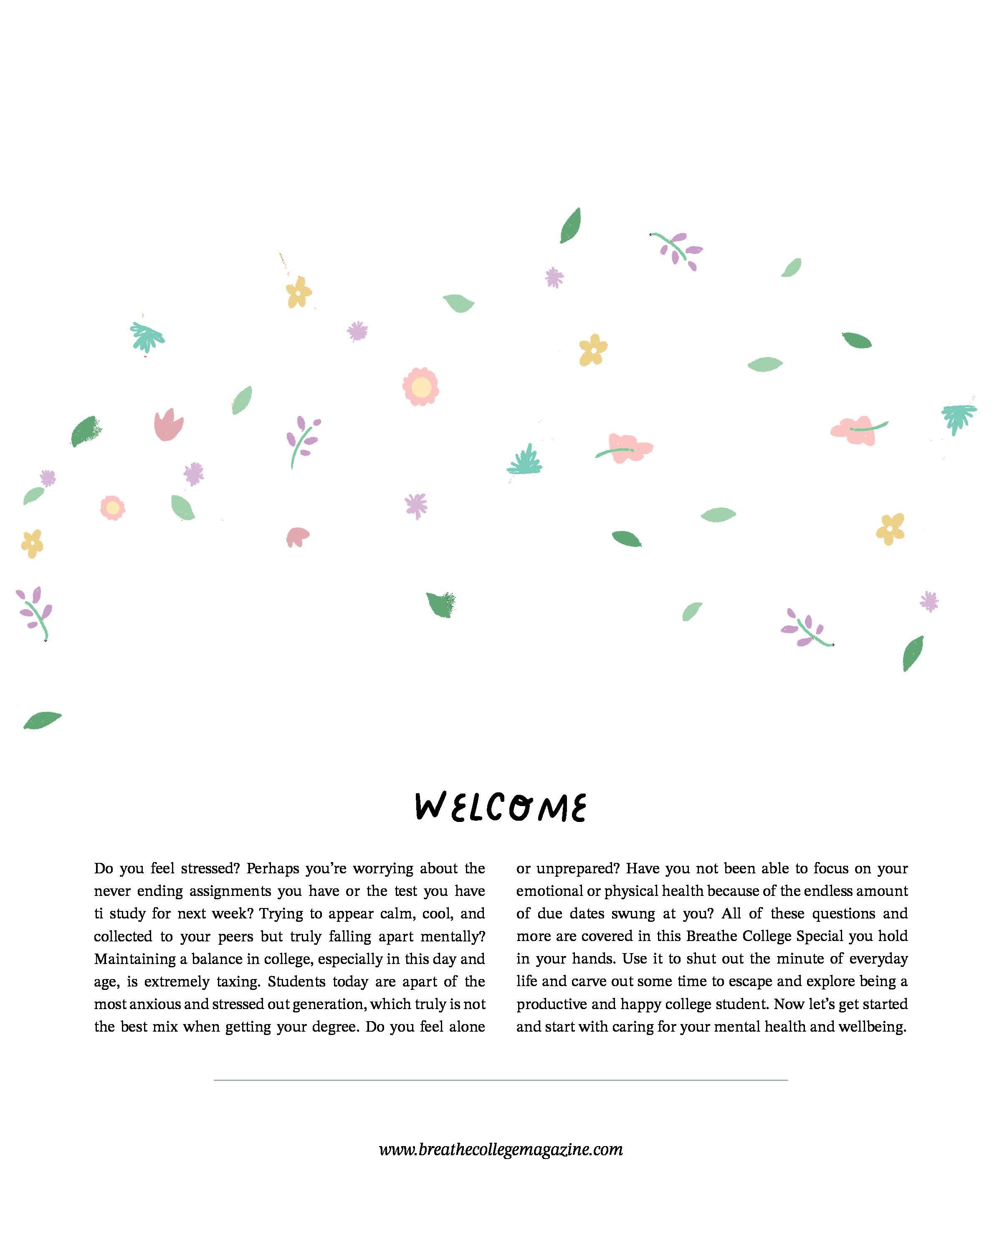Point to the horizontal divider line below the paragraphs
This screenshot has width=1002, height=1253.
tap(501, 1080)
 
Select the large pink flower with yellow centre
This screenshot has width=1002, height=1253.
tap(420, 386)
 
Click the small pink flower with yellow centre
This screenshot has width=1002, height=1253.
tap(113, 508)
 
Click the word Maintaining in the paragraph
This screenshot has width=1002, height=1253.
tap(135, 959)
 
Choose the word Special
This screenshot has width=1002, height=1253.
tap(820, 936)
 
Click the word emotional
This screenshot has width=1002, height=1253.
tap(549, 891)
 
